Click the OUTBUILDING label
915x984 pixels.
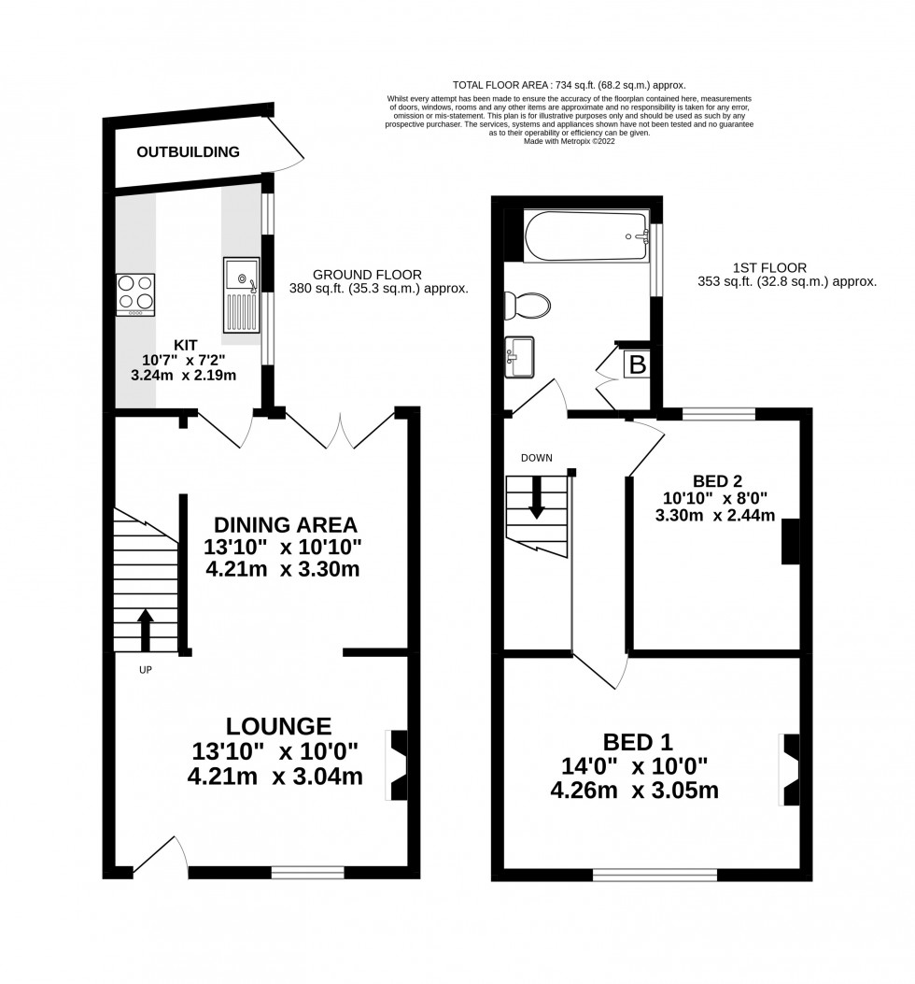pos(188,151)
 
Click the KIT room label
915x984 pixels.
pos(186,344)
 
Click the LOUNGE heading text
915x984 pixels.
pos(277,725)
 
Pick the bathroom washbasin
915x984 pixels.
pos(519,358)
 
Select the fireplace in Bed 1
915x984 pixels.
pos(789,770)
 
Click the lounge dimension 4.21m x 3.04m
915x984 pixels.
pos(275,776)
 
